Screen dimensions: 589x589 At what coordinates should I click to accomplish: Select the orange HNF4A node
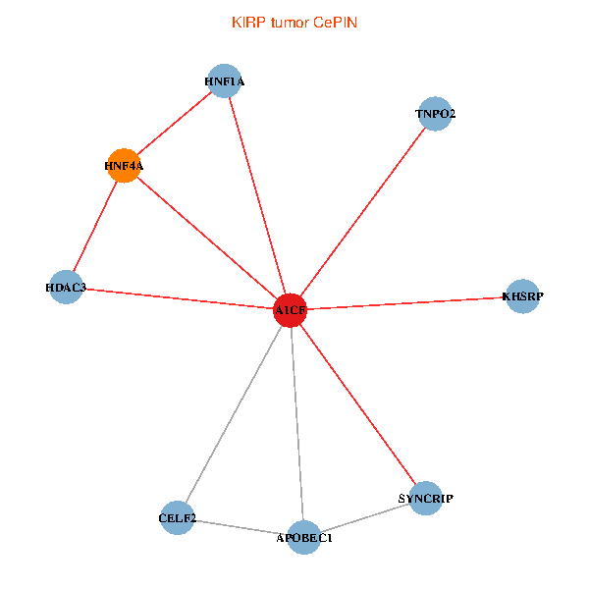(x=124, y=166)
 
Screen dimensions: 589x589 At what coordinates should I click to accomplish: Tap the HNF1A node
(x=225, y=81)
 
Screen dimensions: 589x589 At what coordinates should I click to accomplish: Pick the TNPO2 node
(x=435, y=114)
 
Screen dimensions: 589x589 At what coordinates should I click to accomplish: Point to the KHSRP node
(x=522, y=295)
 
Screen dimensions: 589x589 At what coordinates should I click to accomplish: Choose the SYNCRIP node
(x=426, y=499)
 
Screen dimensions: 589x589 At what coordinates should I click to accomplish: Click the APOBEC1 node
(x=304, y=537)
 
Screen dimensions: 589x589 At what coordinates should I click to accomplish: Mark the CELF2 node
(x=178, y=517)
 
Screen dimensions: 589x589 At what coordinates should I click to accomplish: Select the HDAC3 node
(x=66, y=287)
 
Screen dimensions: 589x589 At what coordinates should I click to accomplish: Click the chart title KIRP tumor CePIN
(x=294, y=22)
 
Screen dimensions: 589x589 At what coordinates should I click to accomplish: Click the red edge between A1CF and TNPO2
(x=363, y=211)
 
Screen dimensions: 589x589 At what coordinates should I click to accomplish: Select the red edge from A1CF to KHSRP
(x=406, y=302)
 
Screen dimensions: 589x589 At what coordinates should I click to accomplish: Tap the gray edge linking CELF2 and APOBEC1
(x=241, y=527)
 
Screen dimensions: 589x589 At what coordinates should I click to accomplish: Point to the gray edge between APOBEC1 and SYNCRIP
(x=365, y=518)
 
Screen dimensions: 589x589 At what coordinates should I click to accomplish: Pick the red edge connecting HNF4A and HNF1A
(x=175, y=124)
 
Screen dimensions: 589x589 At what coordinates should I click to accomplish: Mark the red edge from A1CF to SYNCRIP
(x=358, y=404)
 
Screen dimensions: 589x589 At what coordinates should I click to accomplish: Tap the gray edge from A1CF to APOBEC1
(x=297, y=423)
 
